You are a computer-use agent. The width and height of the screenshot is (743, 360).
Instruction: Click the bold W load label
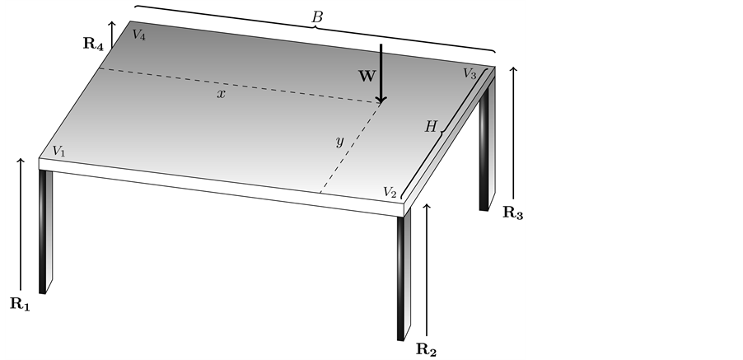point(367,75)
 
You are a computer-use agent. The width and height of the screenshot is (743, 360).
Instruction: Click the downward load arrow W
point(381,74)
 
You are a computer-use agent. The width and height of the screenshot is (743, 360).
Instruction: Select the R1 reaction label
point(20,303)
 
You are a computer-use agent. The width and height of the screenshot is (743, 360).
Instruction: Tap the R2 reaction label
point(426,348)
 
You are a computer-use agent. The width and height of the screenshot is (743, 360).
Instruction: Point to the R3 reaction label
point(512,212)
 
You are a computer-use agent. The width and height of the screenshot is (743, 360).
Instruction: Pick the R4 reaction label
point(93,44)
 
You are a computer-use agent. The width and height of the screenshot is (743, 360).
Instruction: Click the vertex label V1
point(58,151)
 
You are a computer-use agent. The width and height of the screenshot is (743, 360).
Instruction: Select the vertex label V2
point(390,191)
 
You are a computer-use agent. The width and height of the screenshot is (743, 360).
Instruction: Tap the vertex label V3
point(469,74)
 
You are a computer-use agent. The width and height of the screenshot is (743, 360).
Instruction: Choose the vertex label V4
point(138,35)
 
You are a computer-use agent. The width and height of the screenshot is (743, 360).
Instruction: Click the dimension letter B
point(316,16)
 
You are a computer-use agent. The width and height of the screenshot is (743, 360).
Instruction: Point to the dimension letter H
point(430,126)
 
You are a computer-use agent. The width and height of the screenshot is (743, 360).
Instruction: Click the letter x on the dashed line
point(221,94)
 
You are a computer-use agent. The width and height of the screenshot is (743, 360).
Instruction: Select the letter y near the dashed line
point(339,141)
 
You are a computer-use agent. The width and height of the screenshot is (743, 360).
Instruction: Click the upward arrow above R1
point(21,222)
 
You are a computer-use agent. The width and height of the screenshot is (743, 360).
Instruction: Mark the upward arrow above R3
point(514,132)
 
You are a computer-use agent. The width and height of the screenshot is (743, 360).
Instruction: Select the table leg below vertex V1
point(45,231)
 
